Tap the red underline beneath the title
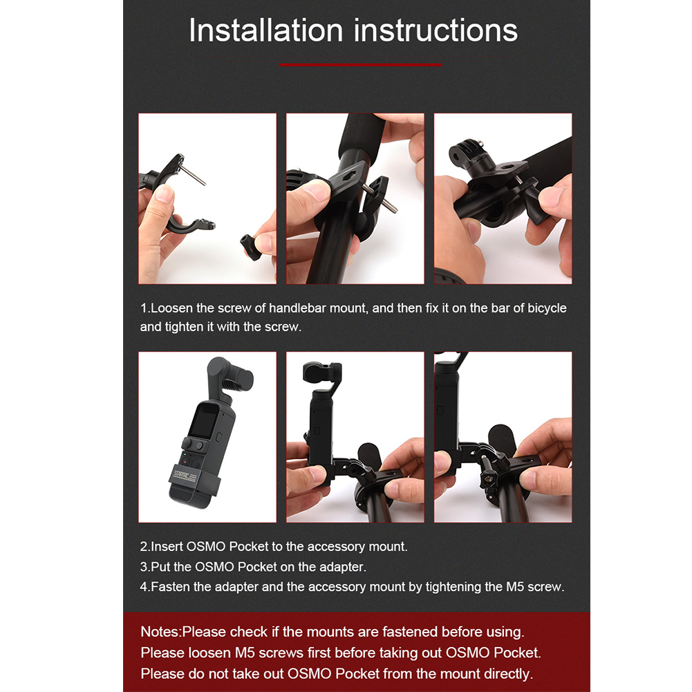pyautogui.click(x=360, y=64)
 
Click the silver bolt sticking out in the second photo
pyautogui.click(x=379, y=198)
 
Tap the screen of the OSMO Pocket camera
pyautogui.click(x=203, y=422)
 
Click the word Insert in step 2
pyautogui.click(x=167, y=546)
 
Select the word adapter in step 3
pyautogui.click(x=342, y=567)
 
